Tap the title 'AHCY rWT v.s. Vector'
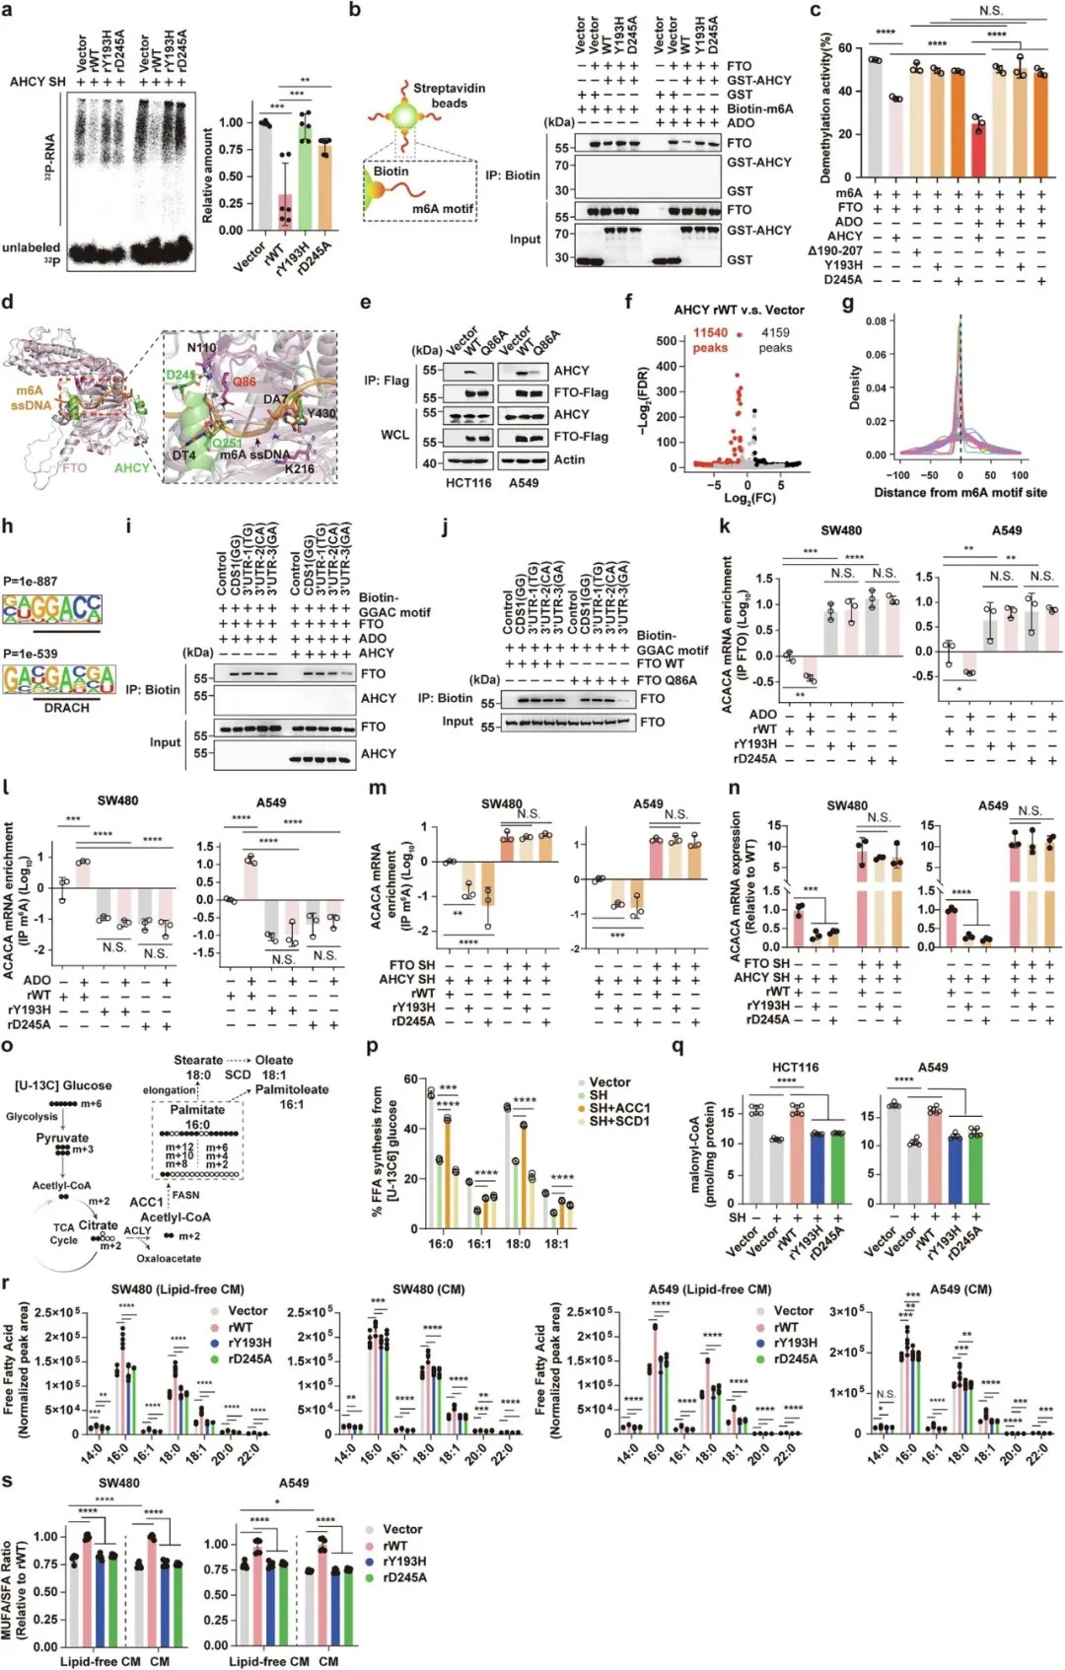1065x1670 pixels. (x=740, y=310)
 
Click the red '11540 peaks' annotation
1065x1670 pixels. (x=710, y=340)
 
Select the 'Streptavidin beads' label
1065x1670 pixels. (x=449, y=96)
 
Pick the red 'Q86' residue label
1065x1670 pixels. (x=244, y=383)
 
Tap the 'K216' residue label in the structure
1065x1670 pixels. (x=300, y=468)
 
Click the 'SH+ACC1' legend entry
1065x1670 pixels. (x=619, y=1108)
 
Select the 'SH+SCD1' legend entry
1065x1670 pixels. (x=619, y=1122)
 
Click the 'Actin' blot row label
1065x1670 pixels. (x=569, y=459)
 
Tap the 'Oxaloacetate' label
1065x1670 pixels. (x=169, y=1258)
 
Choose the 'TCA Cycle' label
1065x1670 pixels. (x=64, y=1233)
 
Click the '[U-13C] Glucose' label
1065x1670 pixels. (x=63, y=1085)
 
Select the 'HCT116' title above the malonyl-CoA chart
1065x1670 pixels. (x=795, y=1068)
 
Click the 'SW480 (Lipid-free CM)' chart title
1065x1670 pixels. (x=177, y=1288)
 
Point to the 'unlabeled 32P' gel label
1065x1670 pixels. (x=32, y=253)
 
